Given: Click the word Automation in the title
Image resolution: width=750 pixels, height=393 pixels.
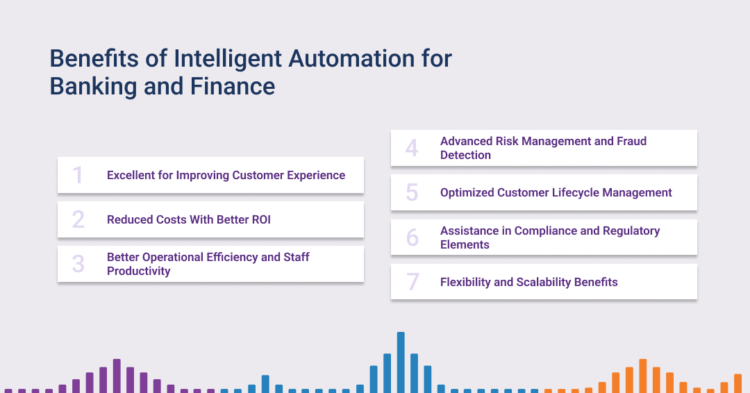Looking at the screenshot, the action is coord(351,59).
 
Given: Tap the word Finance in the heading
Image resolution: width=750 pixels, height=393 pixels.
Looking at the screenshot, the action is coord(233,87).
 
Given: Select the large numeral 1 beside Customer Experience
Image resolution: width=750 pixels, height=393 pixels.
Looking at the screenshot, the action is coord(78,175).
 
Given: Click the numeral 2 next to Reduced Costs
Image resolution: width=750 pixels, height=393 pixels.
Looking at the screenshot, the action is coord(78,219).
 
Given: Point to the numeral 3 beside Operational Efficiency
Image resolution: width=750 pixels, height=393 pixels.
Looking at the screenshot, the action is coord(78,264).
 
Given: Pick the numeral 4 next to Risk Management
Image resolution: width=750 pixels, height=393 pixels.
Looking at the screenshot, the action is coord(412,148).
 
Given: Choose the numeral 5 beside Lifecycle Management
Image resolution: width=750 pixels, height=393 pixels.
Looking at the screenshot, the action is coord(412,192).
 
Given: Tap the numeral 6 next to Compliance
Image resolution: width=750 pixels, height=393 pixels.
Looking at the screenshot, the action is coord(412,237).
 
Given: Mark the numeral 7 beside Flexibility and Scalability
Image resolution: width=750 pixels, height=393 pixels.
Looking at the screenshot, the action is coord(412,282).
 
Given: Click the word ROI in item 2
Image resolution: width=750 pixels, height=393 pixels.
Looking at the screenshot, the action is coord(261,219).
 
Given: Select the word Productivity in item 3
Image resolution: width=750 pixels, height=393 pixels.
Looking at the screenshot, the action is coord(139,271).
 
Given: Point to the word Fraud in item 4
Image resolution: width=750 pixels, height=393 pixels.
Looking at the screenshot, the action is coord(631,141).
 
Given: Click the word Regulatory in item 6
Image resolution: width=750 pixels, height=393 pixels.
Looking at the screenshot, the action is coord(631,231).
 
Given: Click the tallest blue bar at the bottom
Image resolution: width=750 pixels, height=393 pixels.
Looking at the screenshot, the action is coord(401,362).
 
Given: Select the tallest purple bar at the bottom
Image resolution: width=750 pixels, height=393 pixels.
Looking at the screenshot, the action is coord(117,376).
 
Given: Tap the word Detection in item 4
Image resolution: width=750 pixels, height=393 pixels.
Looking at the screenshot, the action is coord(465,155).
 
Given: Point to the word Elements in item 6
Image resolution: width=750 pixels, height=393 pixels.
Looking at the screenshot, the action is coord(465,245).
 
